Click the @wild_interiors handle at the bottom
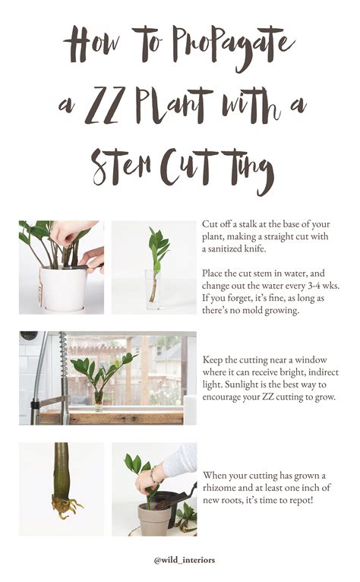coord(179,560)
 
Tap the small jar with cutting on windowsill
coord(99,399)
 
